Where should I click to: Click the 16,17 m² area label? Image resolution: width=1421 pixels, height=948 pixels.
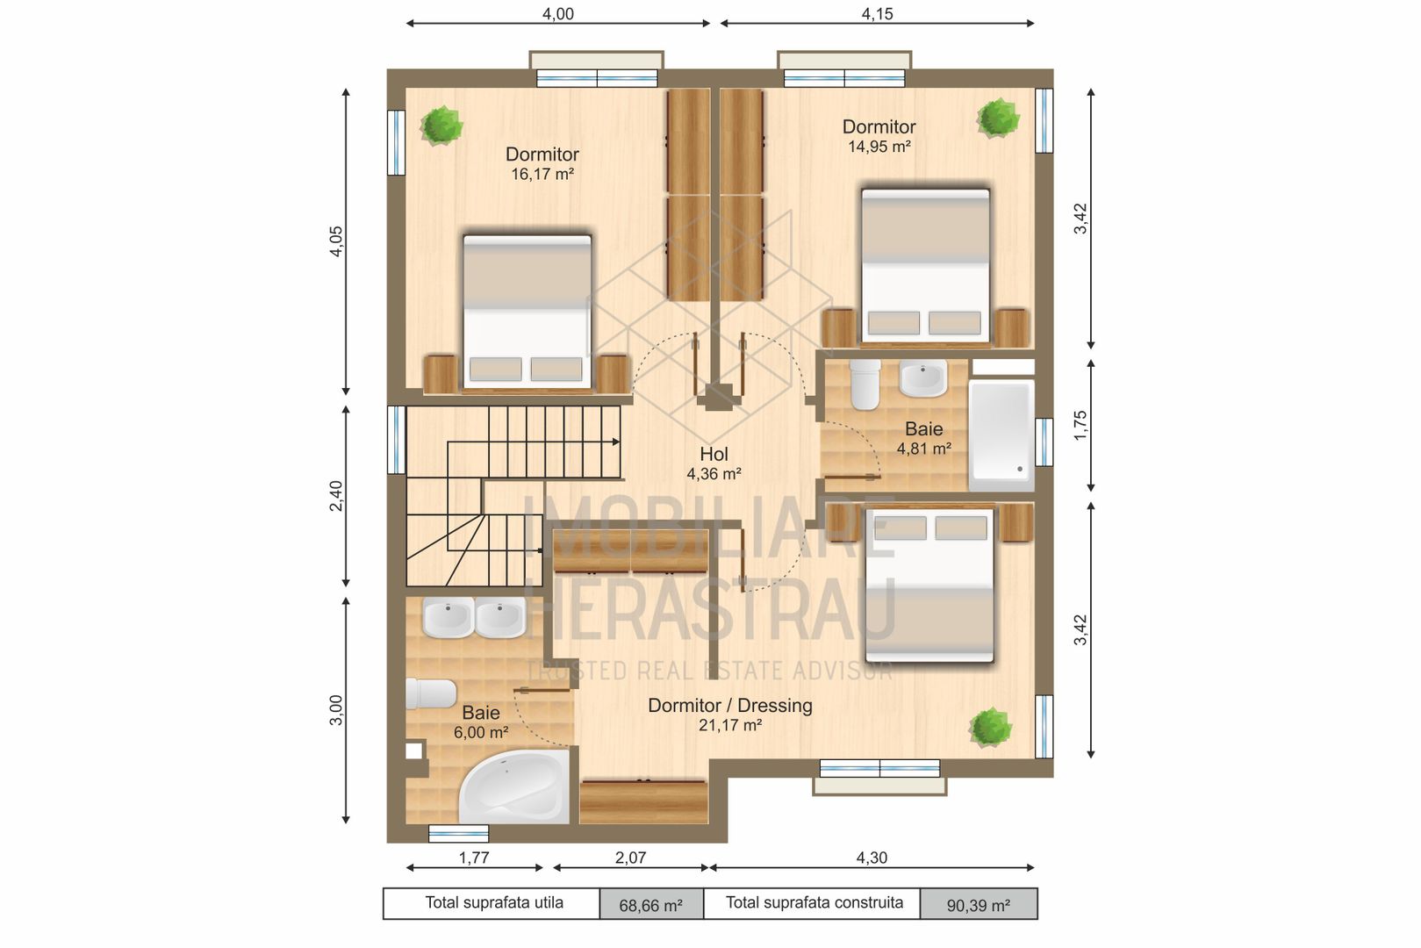pyautogui.click(x=542, y=175)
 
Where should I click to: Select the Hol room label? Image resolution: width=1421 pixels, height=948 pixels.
pyautogui.click(x=714, y=454)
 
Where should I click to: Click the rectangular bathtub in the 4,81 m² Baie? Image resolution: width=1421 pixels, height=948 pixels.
pyautogui.click(x=1001, y=434)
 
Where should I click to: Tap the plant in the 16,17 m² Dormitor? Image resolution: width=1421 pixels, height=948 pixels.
pyautogui.click(x=441, y=125)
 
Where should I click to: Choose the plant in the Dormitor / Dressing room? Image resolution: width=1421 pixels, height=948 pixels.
pyautogui.click(x=990, y=727)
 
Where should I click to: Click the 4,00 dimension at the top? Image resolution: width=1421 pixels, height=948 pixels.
pyautogui.click(x=558, y=14)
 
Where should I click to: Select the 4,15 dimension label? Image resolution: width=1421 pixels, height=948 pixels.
pyautogui.click(x=878, y=14)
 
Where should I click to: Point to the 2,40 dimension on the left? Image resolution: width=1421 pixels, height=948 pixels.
pyautogui.click(x=336, y=496)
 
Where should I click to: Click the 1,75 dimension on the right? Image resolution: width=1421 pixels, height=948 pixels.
pyautogui.click(x=1080, y=425)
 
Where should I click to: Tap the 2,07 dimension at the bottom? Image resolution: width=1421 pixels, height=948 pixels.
pyautogui.click(x=630, y=858)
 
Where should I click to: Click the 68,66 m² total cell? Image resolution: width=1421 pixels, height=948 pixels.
pyautogui.click(x=650, y=905)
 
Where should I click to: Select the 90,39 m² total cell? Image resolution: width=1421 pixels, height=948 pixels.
pyautogui.click(x=978, y=905)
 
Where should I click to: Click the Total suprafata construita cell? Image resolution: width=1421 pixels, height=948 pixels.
pyautogui.click(x=814, y=903)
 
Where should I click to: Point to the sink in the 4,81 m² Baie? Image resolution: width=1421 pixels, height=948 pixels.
pyautogui.click(x=923, y=378)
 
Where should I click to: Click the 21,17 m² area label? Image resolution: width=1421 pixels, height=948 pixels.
pyautogui.click(x=730, y=726)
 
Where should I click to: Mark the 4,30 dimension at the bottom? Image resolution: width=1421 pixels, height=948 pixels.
pyautogui.click(x=872, y=858)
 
